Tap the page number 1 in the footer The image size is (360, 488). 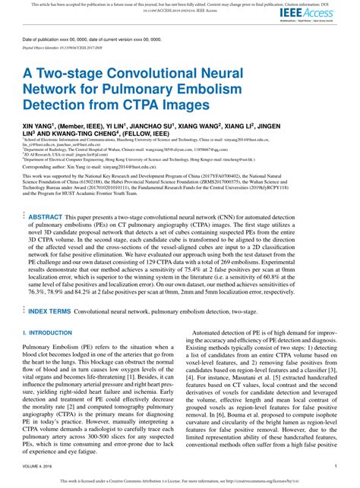(335, 465)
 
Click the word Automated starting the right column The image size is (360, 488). (216, 332)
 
